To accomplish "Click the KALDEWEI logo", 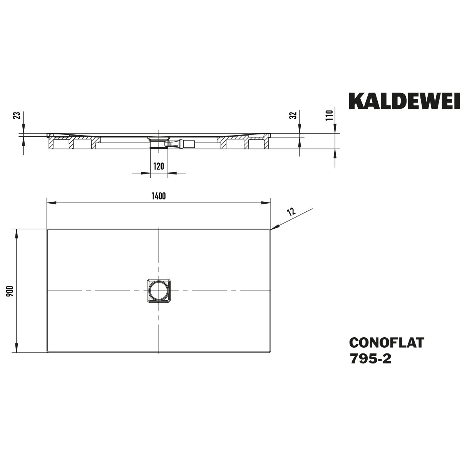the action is tap(404, 101).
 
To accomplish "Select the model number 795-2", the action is tap(371, 359).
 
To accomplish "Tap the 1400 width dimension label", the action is tap(159, 196).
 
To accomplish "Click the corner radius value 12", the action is tap(291, 211).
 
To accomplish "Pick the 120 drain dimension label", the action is tap(159, 166).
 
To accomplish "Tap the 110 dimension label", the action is tap(330, 115).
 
